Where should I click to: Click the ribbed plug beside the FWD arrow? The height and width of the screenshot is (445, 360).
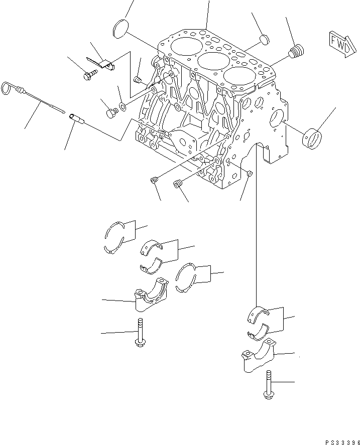pos(298,51)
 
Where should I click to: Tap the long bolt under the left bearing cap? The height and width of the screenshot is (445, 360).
pos(140,334)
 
